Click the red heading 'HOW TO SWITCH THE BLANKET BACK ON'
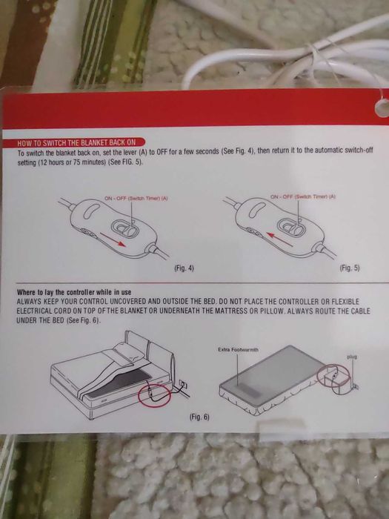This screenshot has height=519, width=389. (76, 142)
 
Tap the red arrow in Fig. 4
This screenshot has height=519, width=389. (113, 239)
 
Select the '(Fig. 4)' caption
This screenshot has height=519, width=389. (184, 268)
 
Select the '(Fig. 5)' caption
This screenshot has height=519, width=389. (350, 268)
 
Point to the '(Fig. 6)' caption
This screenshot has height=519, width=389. (199, 417)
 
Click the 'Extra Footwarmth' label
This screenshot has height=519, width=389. (238, 349)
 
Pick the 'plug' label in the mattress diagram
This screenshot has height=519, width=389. (352, 357)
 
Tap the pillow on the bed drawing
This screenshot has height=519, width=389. (129, 353)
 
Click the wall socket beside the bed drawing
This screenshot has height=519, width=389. (183, 384)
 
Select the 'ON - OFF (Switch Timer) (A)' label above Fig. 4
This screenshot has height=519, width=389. (136, 198)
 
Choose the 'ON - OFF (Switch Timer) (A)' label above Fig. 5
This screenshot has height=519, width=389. (303, 196)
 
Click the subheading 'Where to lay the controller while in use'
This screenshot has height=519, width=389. (74, 292)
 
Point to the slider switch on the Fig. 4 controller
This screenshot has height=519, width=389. (126, 228)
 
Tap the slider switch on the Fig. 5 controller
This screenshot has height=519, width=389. (293, 227)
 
